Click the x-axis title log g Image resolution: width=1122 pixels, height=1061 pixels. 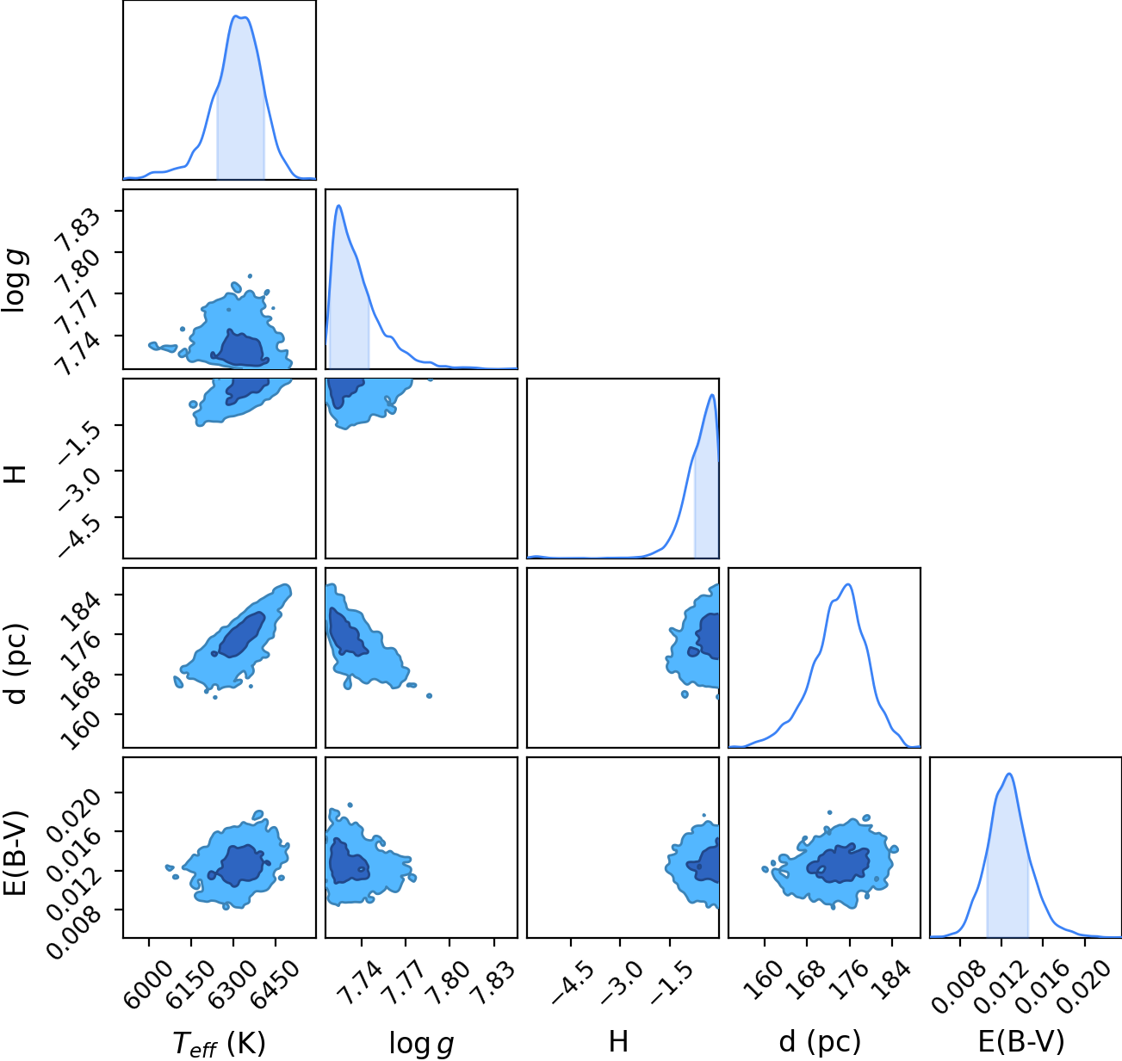(x=421, y=1043)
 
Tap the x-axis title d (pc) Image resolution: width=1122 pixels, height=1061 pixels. (x=820, y=1041)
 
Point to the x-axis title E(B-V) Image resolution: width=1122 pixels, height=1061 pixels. (x=1021, y=1041)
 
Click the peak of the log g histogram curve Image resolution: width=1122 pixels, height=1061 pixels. (x=339, y=206)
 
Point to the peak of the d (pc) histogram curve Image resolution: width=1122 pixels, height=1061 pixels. (x=849, y=584)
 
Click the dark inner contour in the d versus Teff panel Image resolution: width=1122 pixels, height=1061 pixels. (x=239, y=636)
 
